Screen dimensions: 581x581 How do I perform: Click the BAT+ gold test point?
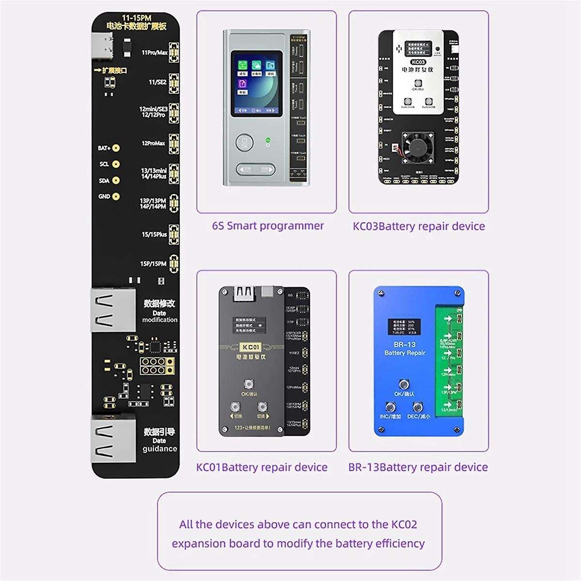[x=116, y=148]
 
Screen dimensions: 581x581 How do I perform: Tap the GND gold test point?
[x=116, y=197]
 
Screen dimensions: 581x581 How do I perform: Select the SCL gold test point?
[x=116, y=164]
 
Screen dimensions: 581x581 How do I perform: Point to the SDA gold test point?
[x=116, y=181]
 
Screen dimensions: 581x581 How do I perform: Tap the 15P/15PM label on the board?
[x=153, y=264]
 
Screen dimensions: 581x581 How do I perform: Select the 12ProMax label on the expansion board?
[x=153, y=143]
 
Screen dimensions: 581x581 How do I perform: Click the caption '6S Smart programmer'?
[x=268, y=226]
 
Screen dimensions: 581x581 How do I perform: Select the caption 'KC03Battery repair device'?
[x=419, y=226]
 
